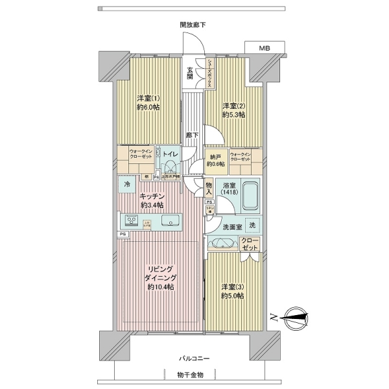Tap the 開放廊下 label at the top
[x=193, y=25]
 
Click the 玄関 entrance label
[x=191, y=73]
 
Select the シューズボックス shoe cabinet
[x=211, y=73]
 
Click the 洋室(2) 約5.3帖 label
[x=233, y=110]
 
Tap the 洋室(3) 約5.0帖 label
[x=231, y=291]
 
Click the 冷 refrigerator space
[x=127, y=185]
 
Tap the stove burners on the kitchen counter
[x=128, y=219]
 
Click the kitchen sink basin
[x=171, y=219]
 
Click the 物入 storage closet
[x=209, y=188]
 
